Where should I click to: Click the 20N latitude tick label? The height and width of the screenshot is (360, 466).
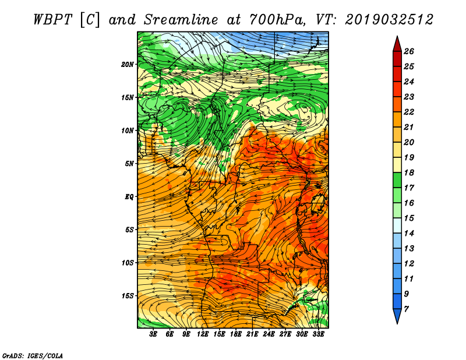coord(128,65)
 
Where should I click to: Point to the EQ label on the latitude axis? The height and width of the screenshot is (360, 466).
coord(129,197)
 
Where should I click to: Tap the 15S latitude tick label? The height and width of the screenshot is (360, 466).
coord(128,296)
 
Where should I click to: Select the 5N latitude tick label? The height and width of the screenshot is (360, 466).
coord(129,164)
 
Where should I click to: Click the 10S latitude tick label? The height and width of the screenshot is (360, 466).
coord(128,263)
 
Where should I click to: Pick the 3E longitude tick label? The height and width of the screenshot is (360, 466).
coord(153,334)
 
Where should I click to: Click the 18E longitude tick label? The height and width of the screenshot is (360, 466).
coord(236,334)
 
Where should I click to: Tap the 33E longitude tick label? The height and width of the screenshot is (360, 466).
coord(318,334)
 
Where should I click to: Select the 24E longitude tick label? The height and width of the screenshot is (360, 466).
coord(269,334)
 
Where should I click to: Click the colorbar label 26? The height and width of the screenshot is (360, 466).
coord(409,51)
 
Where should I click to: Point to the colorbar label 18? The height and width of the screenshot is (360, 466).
coord(409,172)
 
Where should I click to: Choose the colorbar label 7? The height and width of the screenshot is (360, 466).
coord(406,309)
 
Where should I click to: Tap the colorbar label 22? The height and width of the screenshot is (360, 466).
coord(409,112)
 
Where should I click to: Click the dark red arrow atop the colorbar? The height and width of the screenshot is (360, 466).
coord(397,44)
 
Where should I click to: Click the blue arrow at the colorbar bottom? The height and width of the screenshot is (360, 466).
coord(397,316)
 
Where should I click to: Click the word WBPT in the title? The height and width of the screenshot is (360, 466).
coord(52,20)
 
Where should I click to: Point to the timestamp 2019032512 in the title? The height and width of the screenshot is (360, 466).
coord(389,20)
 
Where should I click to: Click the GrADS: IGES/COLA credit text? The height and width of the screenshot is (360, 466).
coord(33,356)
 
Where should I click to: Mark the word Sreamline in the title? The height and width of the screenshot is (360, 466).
coord(181,20)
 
